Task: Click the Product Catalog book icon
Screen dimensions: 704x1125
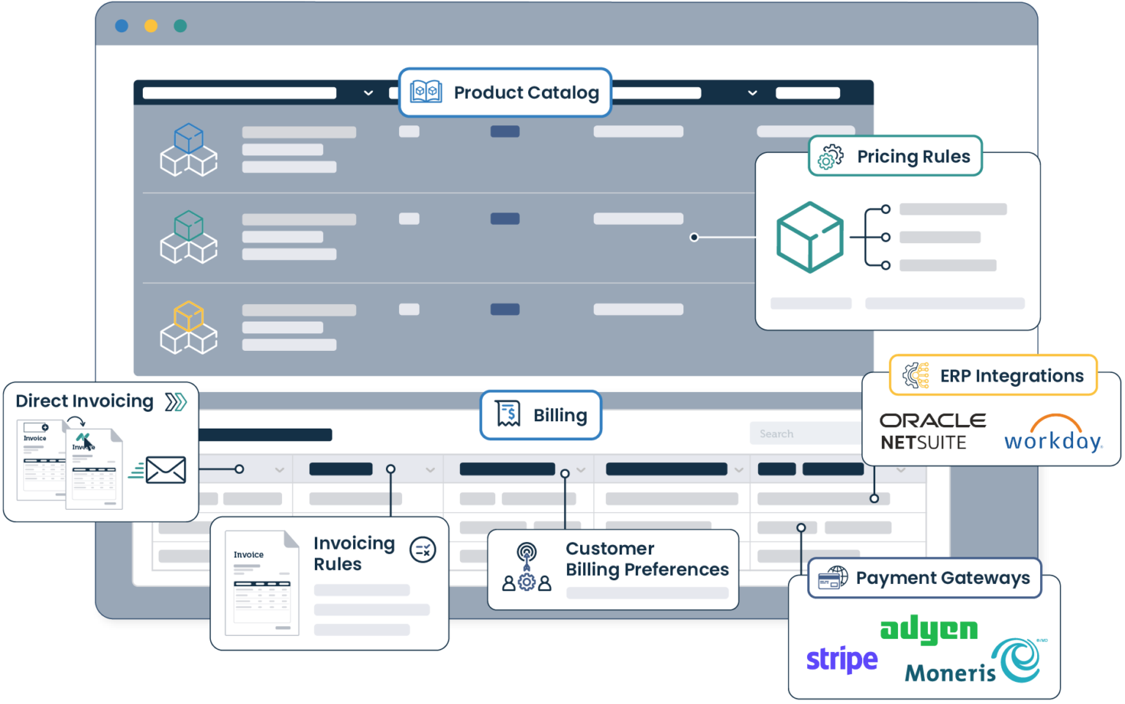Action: [426, 92]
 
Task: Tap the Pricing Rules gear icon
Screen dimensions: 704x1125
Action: [831, 157]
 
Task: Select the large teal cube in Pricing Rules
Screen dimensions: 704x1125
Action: [809, 237]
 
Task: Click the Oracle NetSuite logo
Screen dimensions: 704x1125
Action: [932, 431]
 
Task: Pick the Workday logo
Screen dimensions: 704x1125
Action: [1053, 434]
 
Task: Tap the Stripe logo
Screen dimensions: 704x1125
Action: [842, 660]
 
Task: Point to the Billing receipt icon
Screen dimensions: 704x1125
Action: [508, 415]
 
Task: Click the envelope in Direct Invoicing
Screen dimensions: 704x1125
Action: [166, 470]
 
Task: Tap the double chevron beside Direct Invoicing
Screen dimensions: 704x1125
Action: [176, 401]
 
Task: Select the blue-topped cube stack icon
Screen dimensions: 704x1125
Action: [189, 150]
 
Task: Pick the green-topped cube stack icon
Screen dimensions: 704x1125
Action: [189, 237]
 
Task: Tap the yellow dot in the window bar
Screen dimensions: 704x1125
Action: [151, 26]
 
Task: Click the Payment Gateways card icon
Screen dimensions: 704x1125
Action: [833, 578]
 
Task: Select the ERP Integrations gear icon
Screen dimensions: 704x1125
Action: [916, 375]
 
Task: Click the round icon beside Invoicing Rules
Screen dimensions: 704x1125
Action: [423, 549]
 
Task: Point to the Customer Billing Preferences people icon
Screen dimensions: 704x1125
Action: [527, 567]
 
